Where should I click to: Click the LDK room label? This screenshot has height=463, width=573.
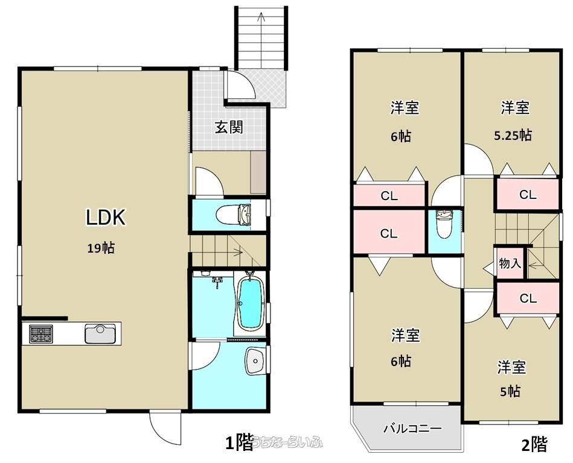coord(106,217)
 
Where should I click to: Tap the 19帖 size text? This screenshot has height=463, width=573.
coord(101,248)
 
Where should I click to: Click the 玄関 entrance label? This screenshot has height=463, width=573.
coord(229,127)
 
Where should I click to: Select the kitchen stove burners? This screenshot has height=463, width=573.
coord(41,334)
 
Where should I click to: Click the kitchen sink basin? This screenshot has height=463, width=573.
coord(100,333)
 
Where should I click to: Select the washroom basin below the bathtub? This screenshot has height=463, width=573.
coord(255,361)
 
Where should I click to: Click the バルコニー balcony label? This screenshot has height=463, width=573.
coord(412,428)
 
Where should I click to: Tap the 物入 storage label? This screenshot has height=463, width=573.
coord(510,263)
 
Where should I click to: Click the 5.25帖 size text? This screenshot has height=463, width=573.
coord(513,136)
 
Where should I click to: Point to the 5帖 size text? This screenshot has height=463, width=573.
coord(510,392)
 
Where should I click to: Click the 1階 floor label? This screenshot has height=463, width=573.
coord(239,443)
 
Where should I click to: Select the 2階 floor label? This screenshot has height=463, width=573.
coord(534,445)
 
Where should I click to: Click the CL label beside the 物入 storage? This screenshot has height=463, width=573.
coord(528,299)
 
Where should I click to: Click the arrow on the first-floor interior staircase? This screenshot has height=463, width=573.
coord(235,252)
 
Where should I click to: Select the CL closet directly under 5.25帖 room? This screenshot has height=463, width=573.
coord(528,195)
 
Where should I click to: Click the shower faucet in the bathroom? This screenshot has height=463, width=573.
coord(218,282)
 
